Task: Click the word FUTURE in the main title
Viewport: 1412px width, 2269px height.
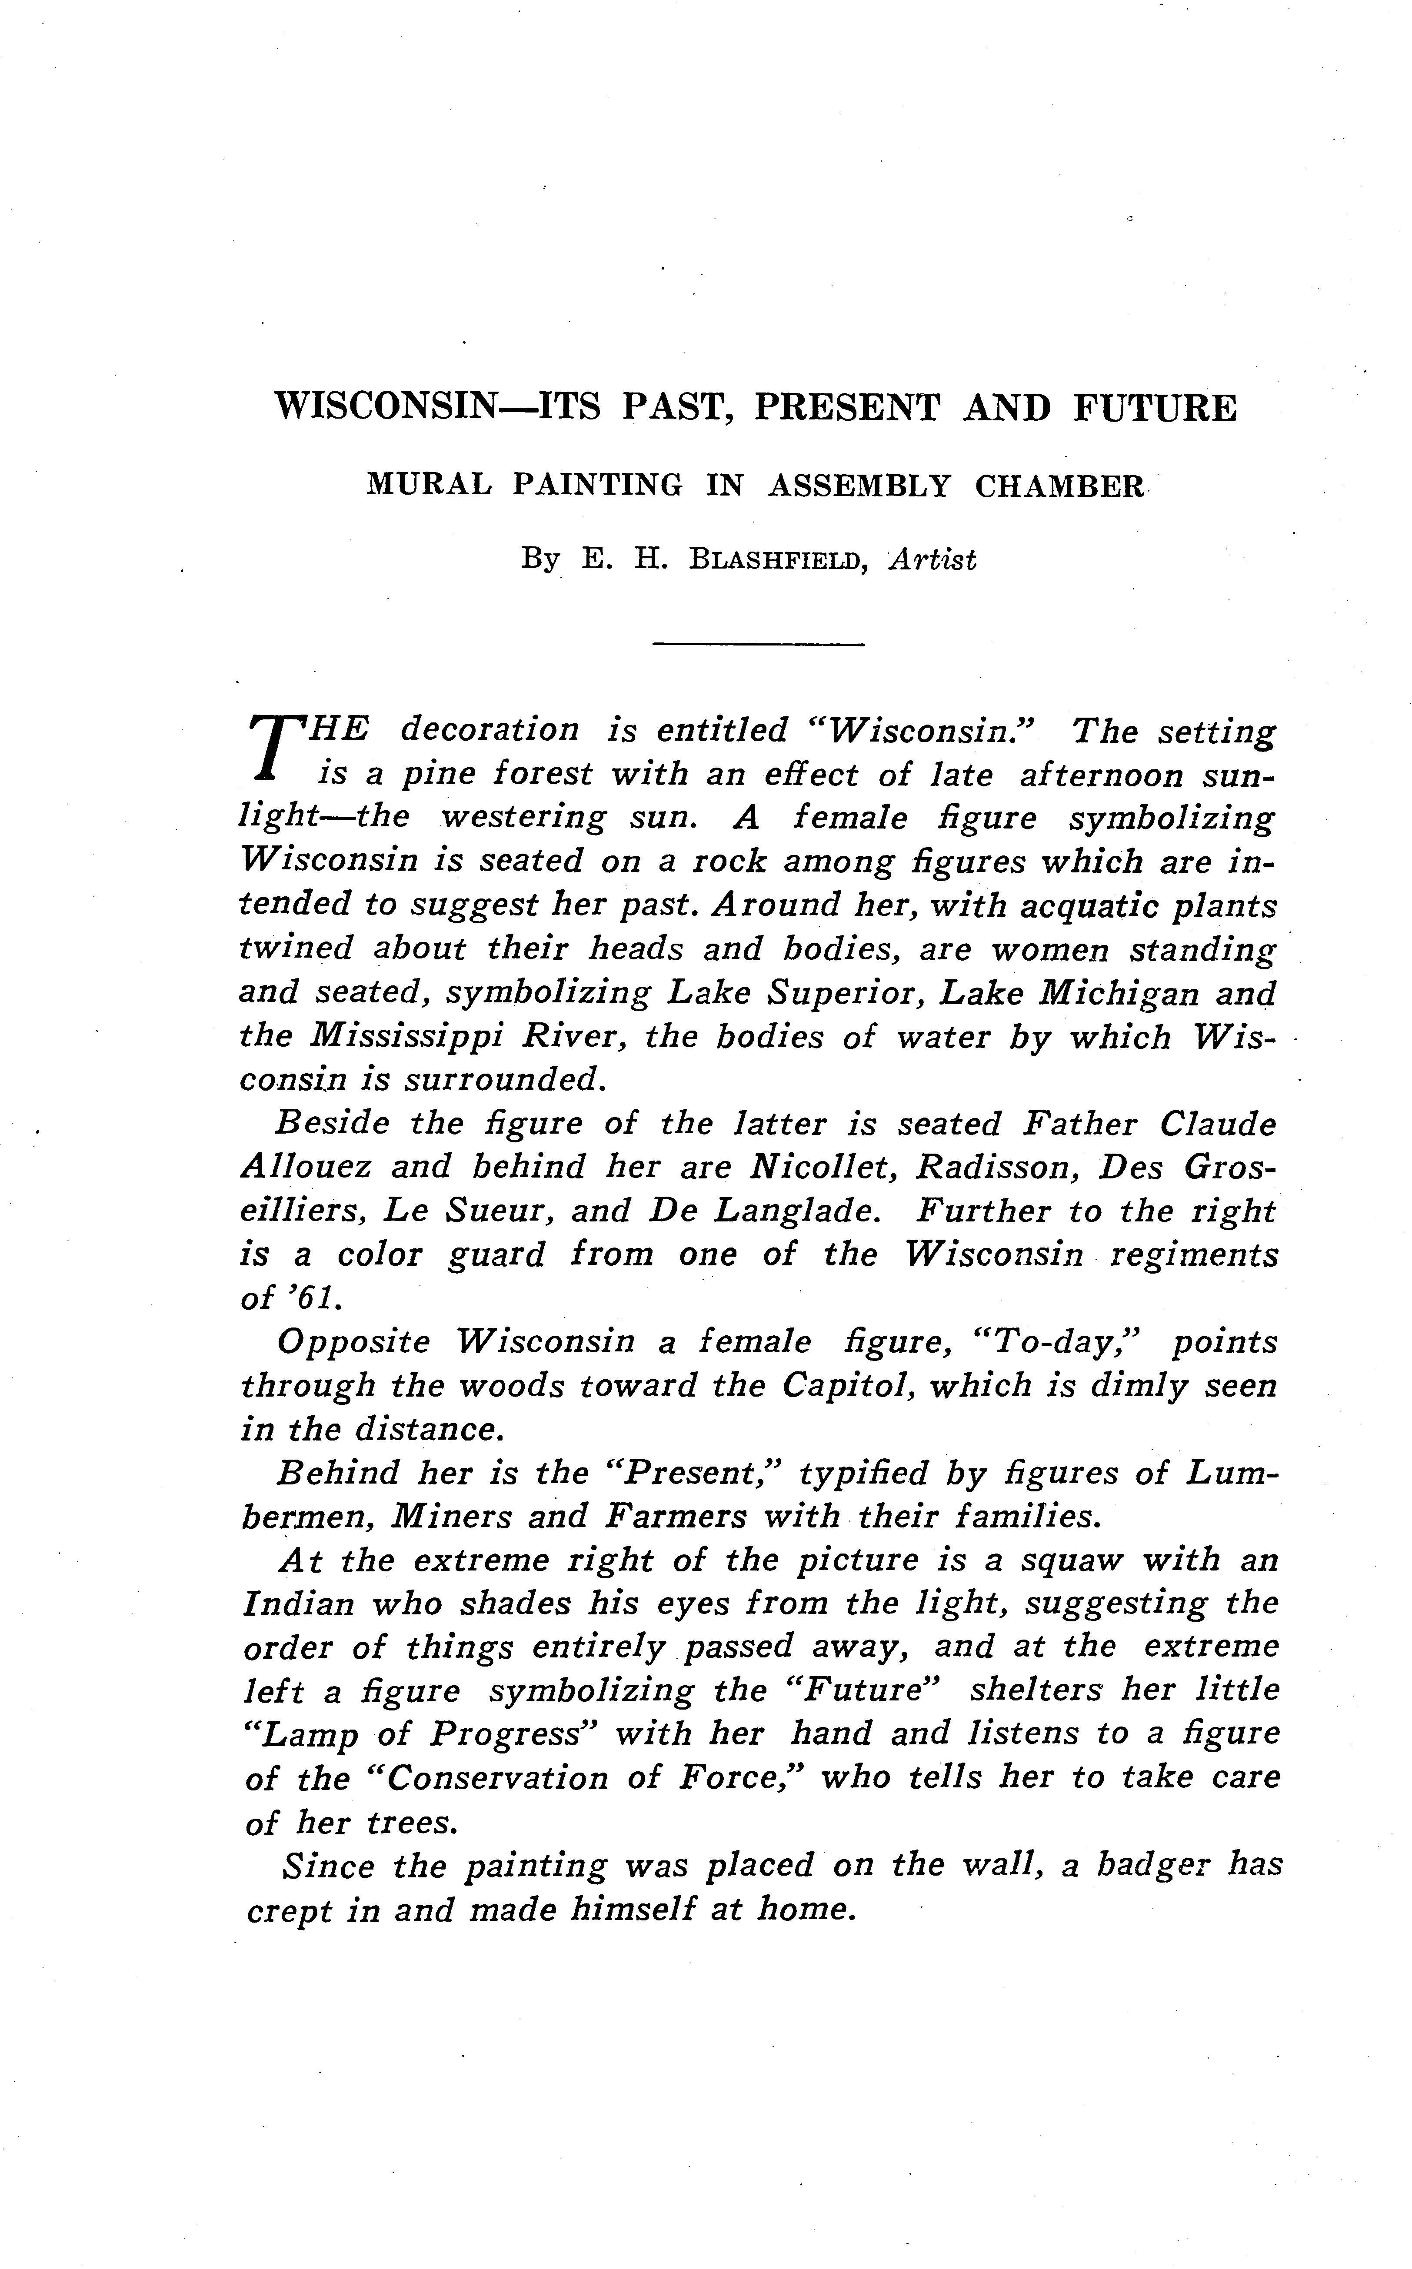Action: tap(1154, 408)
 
